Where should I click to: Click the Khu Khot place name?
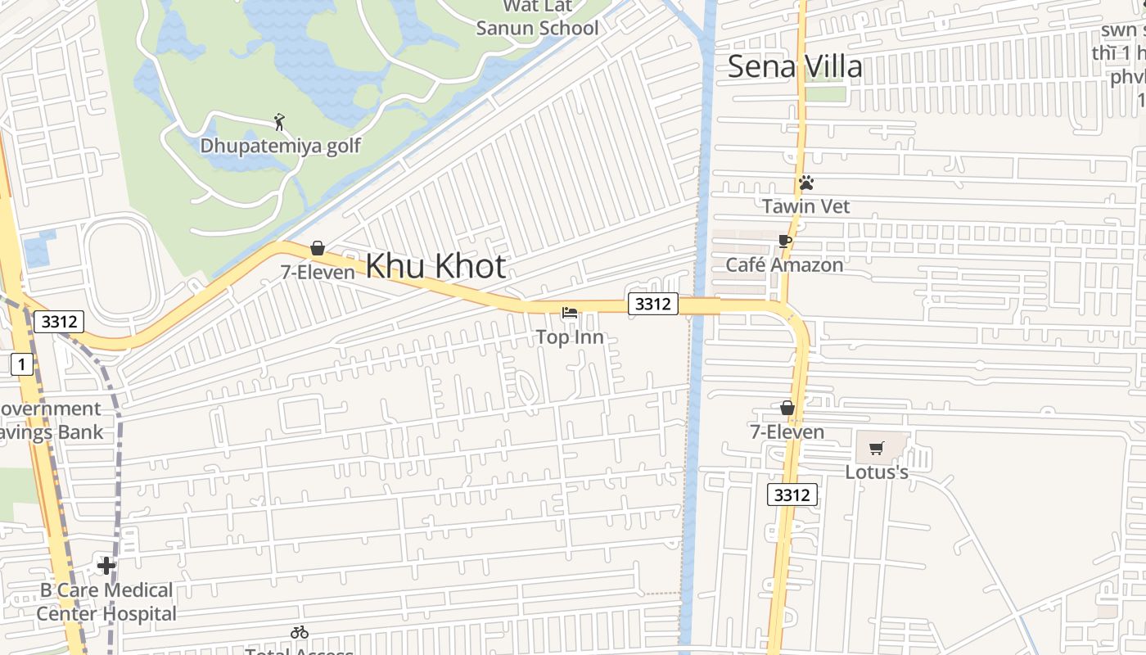(x=435, y=266)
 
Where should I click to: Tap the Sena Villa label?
(x=795, y=66)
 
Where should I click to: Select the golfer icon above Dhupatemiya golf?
(x=280, y=123)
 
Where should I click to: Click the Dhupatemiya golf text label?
(x=281, y=147)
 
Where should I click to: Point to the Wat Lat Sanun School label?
(x=537, y=18)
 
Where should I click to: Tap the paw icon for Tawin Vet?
(x=806, y=183)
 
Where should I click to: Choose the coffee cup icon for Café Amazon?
(x=785, y=241)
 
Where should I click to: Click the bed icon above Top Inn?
(x=570, y=313)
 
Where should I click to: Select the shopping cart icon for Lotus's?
(x=877, y=448)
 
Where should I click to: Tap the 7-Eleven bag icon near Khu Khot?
(x=318, y=248)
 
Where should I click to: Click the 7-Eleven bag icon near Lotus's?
(x=787, y=408)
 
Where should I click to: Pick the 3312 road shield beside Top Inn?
(x=652, y=304)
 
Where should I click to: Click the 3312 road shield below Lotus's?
(x=792, y=495)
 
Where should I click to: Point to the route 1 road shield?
(x=22, y=364)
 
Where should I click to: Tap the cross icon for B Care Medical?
(x=106, y=566)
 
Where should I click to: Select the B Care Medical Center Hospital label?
(x=106, y=602)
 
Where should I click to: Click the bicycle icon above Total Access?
(x=300, y=632)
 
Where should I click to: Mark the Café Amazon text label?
(x=784, y=265)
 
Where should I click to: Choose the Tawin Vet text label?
(x=806, y=206)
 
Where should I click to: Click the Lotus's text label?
(x=877, y=472)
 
